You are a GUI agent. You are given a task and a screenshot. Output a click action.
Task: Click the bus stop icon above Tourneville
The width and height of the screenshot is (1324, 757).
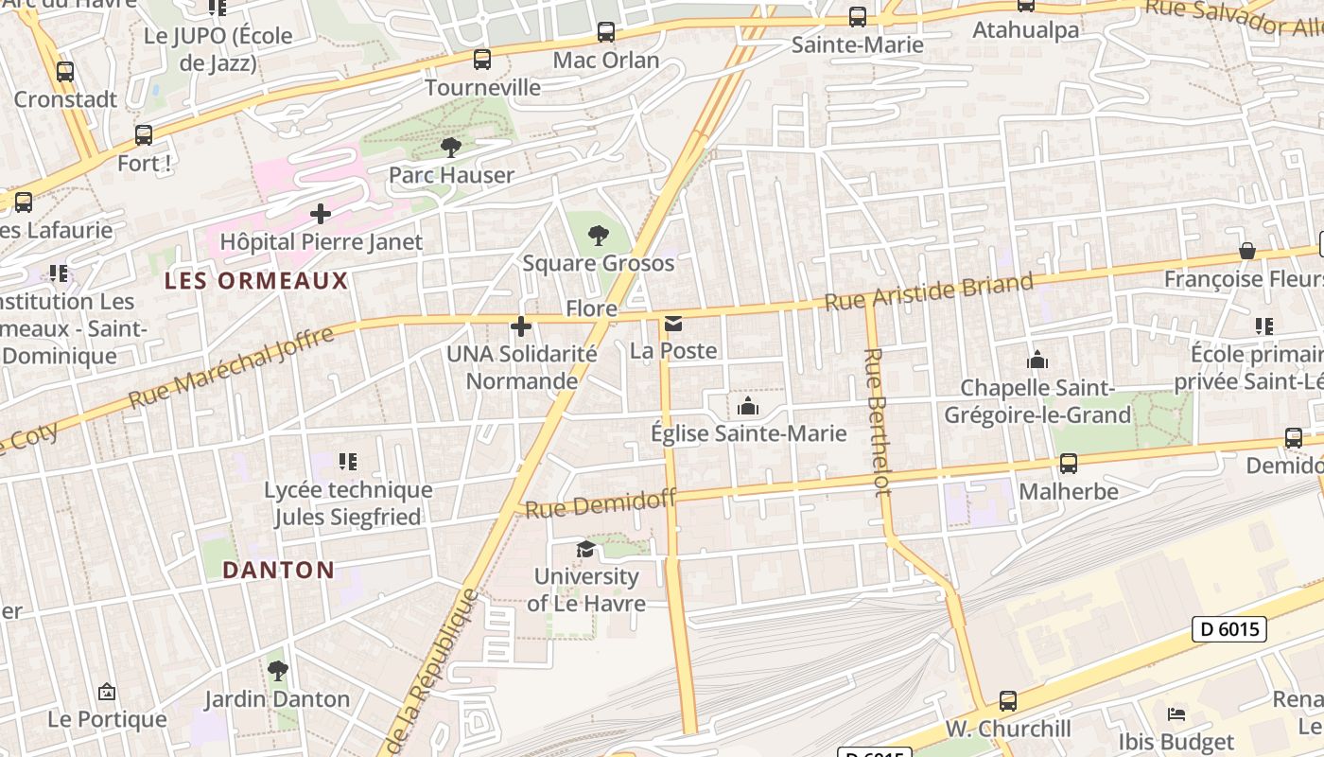click(482, 60)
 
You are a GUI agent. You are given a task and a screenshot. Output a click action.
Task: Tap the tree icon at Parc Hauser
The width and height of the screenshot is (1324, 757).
click(451, 147)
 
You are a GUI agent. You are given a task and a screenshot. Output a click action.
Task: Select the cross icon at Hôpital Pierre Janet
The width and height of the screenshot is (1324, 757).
click(321, 214)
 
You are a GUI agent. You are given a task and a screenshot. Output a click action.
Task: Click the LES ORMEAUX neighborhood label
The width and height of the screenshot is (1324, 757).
click(256, 281)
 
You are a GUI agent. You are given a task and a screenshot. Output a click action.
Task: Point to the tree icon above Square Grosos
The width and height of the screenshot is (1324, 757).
click(598, 236)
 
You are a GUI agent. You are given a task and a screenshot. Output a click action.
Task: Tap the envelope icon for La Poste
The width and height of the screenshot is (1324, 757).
click(673, 325)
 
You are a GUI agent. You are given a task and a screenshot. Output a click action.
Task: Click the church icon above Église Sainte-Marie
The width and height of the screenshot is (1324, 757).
click(748, 407)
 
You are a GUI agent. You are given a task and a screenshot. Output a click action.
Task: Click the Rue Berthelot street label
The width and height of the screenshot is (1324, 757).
click(877, 421)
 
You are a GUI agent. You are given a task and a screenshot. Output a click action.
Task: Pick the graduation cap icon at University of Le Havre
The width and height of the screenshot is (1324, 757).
click(586, 550)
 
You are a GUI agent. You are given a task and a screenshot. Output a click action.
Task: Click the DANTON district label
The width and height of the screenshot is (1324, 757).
click(278, 570)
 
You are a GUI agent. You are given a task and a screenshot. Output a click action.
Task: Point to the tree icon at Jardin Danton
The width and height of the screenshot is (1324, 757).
click(277, 671)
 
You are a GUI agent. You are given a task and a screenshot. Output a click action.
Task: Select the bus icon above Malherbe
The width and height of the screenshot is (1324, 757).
click(1069, 464)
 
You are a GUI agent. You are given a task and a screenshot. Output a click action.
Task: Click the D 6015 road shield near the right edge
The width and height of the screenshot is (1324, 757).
click(1228, 628)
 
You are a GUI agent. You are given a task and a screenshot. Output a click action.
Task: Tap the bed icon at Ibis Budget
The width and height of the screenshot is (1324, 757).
click(1176, 714)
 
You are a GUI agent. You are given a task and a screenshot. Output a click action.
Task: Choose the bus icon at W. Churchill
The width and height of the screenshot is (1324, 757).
click(1008, 701)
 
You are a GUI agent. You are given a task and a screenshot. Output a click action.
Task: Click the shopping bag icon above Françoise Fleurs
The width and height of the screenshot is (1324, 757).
click(1247, 251)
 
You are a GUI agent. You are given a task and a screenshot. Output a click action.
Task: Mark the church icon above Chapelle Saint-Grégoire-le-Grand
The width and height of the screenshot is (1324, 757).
click(1037, 360)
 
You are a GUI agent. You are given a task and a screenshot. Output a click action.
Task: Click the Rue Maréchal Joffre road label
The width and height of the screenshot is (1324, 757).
click(231, 367)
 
